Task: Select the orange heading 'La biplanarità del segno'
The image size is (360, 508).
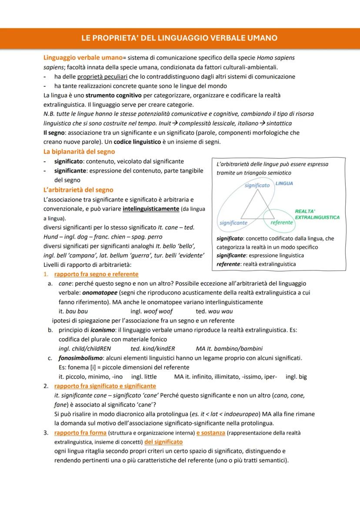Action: pyautogui.click(x=79, y=152)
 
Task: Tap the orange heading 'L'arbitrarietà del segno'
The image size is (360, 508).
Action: pyautogui.click(x=78, y=189)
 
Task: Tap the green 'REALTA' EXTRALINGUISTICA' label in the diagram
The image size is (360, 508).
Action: pyautogui.click(x=317, y=214)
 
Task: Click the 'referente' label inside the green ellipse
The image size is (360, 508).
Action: pyautogui.click(x=281, y=222)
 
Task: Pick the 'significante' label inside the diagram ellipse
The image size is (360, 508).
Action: pyautogui.click(x=233, y=222)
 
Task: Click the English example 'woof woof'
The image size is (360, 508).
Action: pyautogui.click(x=151, y=311)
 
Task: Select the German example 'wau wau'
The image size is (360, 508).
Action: pyautogui.click(x=220, y=311)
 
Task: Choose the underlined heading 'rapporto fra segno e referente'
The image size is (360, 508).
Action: pyautogui.click(x=96, y=274)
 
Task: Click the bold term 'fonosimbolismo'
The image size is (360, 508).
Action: pyautogui.click(x=80, y=358)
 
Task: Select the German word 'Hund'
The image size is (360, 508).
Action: pyautogui.click(x=51, y=237)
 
